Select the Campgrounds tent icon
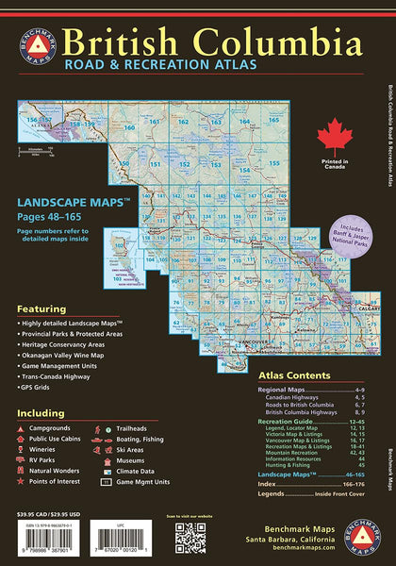coord(21,428)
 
